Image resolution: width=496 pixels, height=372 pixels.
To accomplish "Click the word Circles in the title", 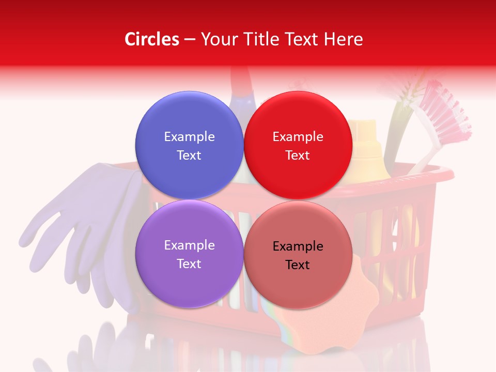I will (x=151, y=39).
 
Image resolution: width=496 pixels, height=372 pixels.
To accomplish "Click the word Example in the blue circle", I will (x=189, y=136).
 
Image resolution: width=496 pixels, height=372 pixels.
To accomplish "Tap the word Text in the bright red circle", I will (x=298, y=155).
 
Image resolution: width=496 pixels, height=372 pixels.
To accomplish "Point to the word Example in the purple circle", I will (x=189, y=245).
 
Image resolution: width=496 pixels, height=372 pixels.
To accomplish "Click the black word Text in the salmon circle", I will (x=298, y=265).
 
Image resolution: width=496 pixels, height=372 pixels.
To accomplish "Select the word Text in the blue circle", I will (x=189, y=155).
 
